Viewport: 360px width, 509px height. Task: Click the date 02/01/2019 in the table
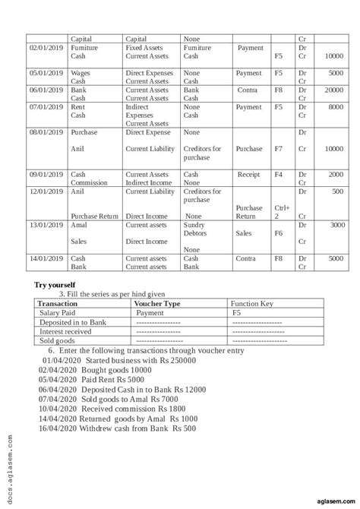point(44,48)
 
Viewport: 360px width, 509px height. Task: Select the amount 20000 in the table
point(333,90)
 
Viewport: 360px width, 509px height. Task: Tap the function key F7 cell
point(279,149)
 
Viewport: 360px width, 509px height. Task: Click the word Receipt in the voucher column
point(248,175)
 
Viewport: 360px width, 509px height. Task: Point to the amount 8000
point(335,107)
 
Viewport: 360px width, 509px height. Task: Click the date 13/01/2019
point(44,226)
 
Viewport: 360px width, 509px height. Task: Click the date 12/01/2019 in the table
point(44,191)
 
